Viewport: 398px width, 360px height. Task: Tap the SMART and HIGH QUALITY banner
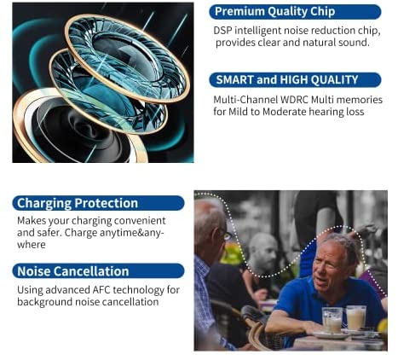(295, 80)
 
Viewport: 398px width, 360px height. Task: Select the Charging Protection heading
(98, 203)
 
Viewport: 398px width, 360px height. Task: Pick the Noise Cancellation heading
(98, 271)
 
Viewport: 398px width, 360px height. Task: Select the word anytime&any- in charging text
(131, 233)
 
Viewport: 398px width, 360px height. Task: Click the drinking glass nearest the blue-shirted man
(332, 320)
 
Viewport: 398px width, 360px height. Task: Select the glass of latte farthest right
(356, 317)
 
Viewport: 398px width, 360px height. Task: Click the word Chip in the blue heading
(323, 12)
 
